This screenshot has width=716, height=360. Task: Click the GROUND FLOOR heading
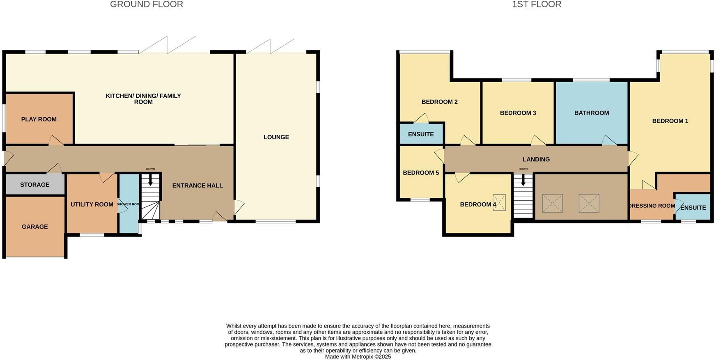click(147, 5)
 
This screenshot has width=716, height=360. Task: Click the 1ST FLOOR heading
click(536, 5)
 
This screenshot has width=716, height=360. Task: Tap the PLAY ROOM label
click(39, 119)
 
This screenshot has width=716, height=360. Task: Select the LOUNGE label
click(276, 137)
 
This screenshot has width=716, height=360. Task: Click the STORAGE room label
click(35, 185)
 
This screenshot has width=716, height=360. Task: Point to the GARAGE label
click(35, 227)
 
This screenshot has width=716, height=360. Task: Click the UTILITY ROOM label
click(92, 204)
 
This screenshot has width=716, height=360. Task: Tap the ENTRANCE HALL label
click(197, 186)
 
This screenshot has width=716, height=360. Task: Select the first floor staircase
click(523, 197)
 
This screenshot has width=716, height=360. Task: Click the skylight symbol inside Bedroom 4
click(499, 203)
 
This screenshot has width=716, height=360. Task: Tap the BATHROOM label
click(592, 113)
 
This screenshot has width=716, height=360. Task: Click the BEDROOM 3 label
click(518, 113)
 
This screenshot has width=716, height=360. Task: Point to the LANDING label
click(536, 159)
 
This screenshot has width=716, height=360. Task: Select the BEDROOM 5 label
click(421, 173)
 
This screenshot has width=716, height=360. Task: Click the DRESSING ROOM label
click(652, 206)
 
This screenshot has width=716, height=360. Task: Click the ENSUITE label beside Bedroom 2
click(421, 134)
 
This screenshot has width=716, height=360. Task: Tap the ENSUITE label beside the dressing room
click(693, 208)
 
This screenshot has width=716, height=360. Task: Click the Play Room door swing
click(56, 140)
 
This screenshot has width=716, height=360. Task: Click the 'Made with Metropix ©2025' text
click(358, 357)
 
